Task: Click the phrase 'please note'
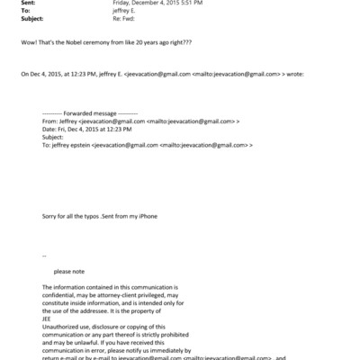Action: click(x=68, y=270)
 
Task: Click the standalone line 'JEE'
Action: click(x=48, y=316)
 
